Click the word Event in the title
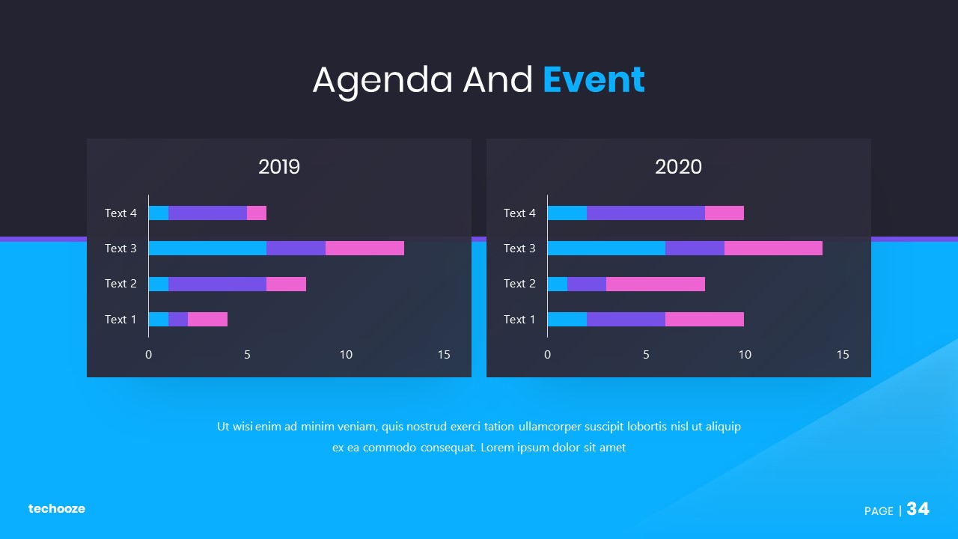[594, 80]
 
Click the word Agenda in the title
[382, 80]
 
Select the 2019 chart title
[279, 167]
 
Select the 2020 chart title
[678, 167]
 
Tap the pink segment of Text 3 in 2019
[364, 248]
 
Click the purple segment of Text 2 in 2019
[217, 284]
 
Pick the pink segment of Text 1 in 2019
[207, 319]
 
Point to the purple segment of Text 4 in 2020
[645, 213]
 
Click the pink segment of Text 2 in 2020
[655, 284]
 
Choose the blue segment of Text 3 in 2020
[606, 248]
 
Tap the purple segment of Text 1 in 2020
[626, 319]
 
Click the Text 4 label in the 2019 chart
[120, 213]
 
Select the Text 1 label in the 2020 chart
[519, 320]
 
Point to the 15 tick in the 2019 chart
[444, 355]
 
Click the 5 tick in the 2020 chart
[646, 355]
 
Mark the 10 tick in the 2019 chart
[346, 355]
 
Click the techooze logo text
[57, 509]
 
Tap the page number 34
[918, 510]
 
